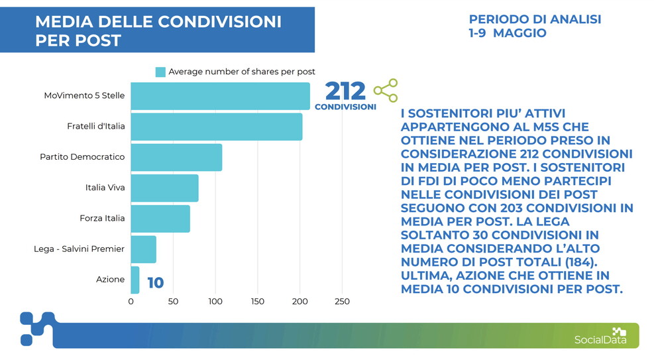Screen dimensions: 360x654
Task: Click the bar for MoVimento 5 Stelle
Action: (x=220, y=96)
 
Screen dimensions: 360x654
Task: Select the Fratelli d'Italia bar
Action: (x=216, y=127)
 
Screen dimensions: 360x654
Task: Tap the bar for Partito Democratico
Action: (x=176, y=157)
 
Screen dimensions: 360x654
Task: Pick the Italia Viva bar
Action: (x=164, y=188)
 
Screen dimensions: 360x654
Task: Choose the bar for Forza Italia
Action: (x=160, y=218)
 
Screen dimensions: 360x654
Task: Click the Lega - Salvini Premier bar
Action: (x=143, y=249)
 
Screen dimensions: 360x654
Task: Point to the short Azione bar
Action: (x=135, y=280)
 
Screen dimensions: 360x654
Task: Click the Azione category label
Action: (x=110, y=280)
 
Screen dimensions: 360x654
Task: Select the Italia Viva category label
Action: (x=105, y=188)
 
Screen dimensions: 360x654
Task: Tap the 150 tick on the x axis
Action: (x=257, y=302)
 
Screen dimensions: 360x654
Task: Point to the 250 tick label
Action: (x=341, y=302)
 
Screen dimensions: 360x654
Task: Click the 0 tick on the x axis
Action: (x=131, y=302)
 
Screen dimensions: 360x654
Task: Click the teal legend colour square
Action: (x=160, y=72)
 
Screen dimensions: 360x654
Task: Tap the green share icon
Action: (x=385, y=90)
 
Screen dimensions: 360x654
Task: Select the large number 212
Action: (x=345, y=91)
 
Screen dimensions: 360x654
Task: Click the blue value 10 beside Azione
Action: (x=155, y=283)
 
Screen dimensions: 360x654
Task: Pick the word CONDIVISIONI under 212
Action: (x=345, y=107)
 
